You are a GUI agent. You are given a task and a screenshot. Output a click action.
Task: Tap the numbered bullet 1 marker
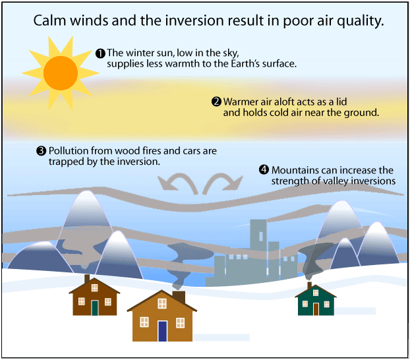point(100,53)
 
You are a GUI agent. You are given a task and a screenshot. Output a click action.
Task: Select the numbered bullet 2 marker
point(216,102)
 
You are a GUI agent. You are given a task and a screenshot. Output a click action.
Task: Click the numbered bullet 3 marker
point(41,151)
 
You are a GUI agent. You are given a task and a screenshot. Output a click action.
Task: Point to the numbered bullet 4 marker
point(264,169)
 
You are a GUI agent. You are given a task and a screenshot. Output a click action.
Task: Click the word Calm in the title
point(50,21)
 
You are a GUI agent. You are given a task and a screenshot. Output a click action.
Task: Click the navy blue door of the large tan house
point(162,331)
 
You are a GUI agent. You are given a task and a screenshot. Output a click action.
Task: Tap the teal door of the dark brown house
point(95,307)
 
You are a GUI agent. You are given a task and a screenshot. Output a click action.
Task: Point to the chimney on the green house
point(309,285)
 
